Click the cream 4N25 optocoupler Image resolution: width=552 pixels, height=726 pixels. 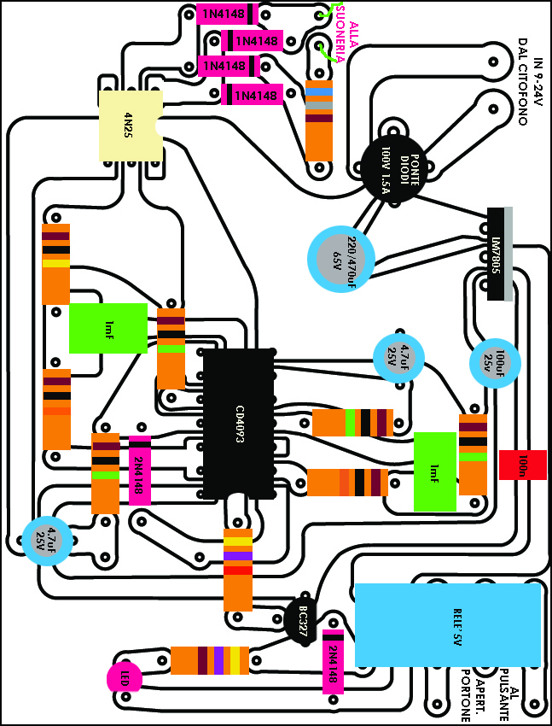(x=131, y=126)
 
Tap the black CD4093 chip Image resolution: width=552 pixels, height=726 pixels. (x=239, y=424)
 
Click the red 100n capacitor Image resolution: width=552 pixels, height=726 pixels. (x=522, y=465)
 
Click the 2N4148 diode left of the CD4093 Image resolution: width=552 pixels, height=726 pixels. (x=139, y=471)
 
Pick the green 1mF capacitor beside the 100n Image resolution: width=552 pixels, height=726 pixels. (x=435, y=471)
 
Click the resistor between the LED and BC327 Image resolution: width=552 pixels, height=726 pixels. (x=210, y=661)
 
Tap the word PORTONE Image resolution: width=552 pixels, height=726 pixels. (x=465, y=692)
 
